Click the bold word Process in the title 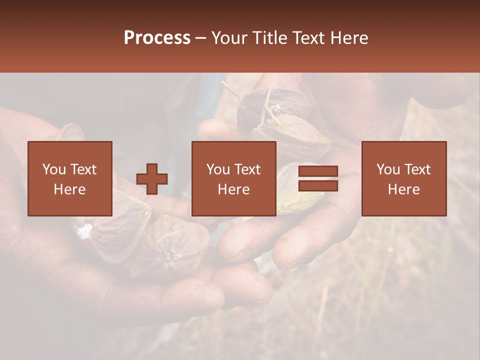click(157, 38)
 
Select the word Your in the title click(229, 38)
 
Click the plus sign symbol click(152, 179)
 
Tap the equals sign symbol click(318, 179)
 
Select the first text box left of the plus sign click(69, 179)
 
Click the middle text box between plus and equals click(234, 179)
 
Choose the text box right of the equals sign click(404, 179)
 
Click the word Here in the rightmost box click(404, 189)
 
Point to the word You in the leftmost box click(54, 169)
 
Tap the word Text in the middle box click(246, 169)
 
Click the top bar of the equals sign click(318, 171)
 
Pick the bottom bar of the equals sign click(318, 186)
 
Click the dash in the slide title click(200, 38)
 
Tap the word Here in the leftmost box click(69, 189)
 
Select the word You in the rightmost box click(388, 169)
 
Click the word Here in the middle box click(234, 189)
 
